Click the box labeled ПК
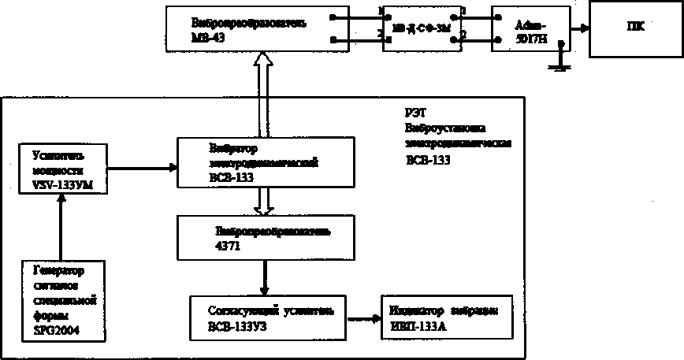point(636,28)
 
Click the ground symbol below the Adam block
point(559,64)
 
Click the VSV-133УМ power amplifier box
point(61,167)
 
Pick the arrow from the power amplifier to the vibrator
point(142,166)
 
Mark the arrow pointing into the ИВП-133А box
point(364,319)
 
